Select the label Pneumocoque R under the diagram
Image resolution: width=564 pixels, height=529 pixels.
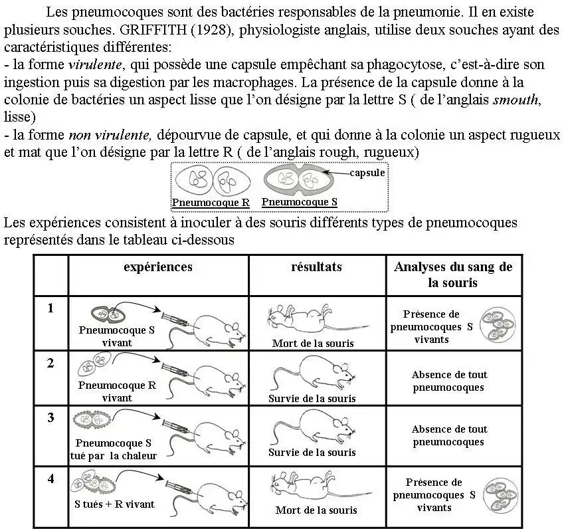click(x=211, y=203)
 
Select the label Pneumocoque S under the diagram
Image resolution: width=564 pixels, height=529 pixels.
click(x=299, y=202)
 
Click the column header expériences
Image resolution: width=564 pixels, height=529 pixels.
click(x=158, y=267)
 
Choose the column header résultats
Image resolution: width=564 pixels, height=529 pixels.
click(x=316, y=267)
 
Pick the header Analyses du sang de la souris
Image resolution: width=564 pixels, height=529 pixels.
click(x=453, y=274)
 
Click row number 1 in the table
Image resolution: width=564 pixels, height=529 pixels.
click(x=50, y=308)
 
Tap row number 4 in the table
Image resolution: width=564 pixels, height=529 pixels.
click(x=50, y=478)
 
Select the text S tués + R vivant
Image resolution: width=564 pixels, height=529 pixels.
click(x=114, y=504)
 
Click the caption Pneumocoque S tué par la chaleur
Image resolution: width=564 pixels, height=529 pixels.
click(x=114, y=449)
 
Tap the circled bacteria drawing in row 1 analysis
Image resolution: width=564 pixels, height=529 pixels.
click(x=498, y=324)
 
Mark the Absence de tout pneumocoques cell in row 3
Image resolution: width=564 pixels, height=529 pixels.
click(x=449, y=436)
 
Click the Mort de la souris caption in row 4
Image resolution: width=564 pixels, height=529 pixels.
click(x=316, y=510)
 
